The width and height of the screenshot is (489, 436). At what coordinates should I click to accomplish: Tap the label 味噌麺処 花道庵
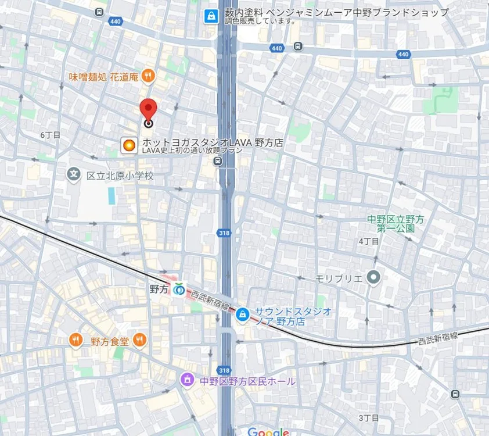(103, 76)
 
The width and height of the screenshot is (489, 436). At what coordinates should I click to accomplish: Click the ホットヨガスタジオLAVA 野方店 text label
(213, 142)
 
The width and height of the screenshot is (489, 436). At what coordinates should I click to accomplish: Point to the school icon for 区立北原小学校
(74, 174)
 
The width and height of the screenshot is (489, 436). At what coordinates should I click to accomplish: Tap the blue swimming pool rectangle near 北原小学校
(112, 196)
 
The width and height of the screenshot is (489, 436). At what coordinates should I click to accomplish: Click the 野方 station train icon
(179, 288)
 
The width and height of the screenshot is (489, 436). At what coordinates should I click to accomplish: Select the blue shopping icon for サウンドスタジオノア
(243, 315)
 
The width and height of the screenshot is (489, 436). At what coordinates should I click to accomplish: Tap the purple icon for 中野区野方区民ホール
(187, 380)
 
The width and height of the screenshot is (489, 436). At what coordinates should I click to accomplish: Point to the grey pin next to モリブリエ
(373, 277)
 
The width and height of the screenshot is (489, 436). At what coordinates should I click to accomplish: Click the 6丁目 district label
(51, 135)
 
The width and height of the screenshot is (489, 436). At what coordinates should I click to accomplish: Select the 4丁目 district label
(368, 241)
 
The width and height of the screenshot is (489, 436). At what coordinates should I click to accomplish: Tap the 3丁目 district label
(368, 418)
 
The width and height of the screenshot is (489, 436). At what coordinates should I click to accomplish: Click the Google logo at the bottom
(268, 431)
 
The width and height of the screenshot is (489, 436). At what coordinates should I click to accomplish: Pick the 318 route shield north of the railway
(224, 233)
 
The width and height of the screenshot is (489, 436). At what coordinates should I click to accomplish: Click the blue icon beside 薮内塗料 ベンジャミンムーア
(210, 16)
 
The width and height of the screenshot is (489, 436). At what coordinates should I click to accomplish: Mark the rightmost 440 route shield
(403, 54)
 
